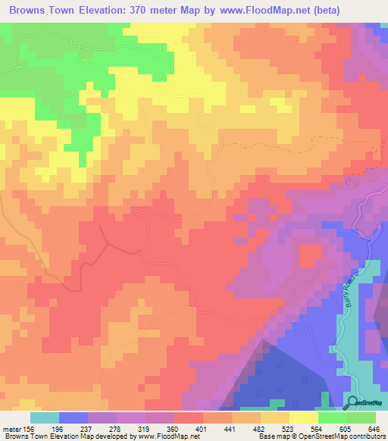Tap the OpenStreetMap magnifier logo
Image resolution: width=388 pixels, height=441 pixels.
coord(353,402)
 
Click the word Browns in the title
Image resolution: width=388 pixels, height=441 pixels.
coord(31,11)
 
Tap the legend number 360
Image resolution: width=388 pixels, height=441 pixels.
coord(171,428)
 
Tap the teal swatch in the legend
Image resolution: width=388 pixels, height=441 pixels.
coord(45,418)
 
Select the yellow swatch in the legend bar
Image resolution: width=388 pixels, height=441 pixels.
coord(304,418)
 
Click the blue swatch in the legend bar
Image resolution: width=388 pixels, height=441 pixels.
coord(74,418)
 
